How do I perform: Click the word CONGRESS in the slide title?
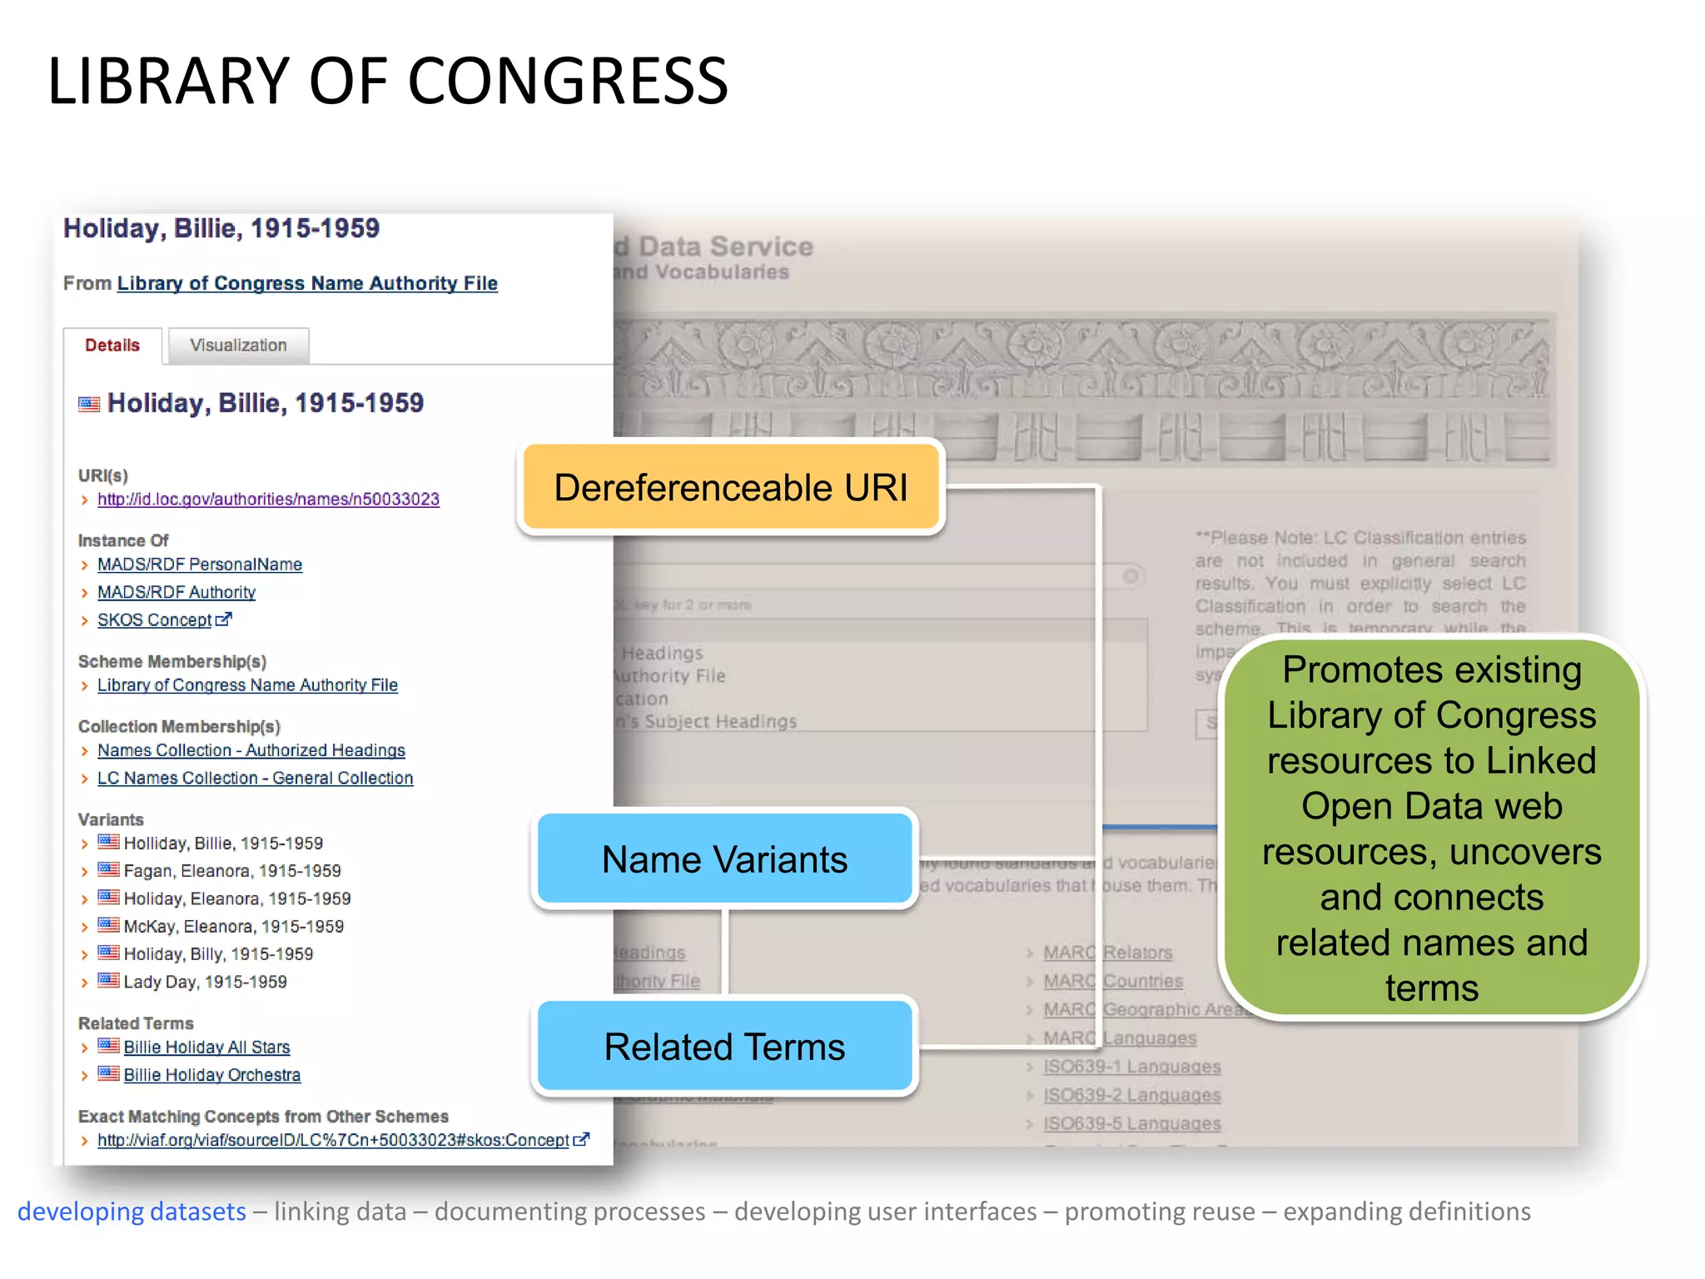point(568,81)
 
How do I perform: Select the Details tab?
point(112,346)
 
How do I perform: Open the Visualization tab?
point(238,346)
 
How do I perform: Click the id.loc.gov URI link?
point(268,500)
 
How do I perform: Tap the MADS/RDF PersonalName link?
point(200,565)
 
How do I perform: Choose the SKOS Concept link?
point(155,620)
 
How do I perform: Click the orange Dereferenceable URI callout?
point(731,488)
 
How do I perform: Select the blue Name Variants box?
point(724,859)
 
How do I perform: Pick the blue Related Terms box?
point(724,1047)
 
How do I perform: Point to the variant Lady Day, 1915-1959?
point(205,983)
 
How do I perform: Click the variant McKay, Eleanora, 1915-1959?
point(233,927)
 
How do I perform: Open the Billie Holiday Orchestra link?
point(212,1075)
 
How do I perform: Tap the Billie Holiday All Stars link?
point(206,1048)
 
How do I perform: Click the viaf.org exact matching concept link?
point(333,1141)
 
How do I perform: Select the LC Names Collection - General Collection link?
point(255,779)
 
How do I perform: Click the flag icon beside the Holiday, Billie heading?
point(89,405)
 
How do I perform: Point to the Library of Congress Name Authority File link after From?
point(307,284)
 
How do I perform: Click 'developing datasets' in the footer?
point(132,1212)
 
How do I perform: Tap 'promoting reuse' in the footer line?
point(1160,1212)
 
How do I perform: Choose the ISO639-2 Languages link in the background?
point(1132,1096)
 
